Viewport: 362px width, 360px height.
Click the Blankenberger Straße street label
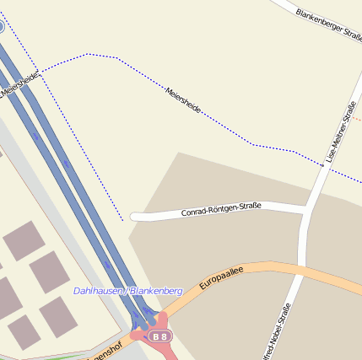point(328,25)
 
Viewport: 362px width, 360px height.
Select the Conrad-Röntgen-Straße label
point(221,209)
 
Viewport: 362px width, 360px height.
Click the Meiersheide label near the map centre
point(183,100)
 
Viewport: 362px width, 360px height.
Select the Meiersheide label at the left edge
point(19,84)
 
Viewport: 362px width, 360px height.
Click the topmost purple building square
point(24,240)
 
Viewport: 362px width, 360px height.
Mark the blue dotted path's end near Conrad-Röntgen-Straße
point(123,221)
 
